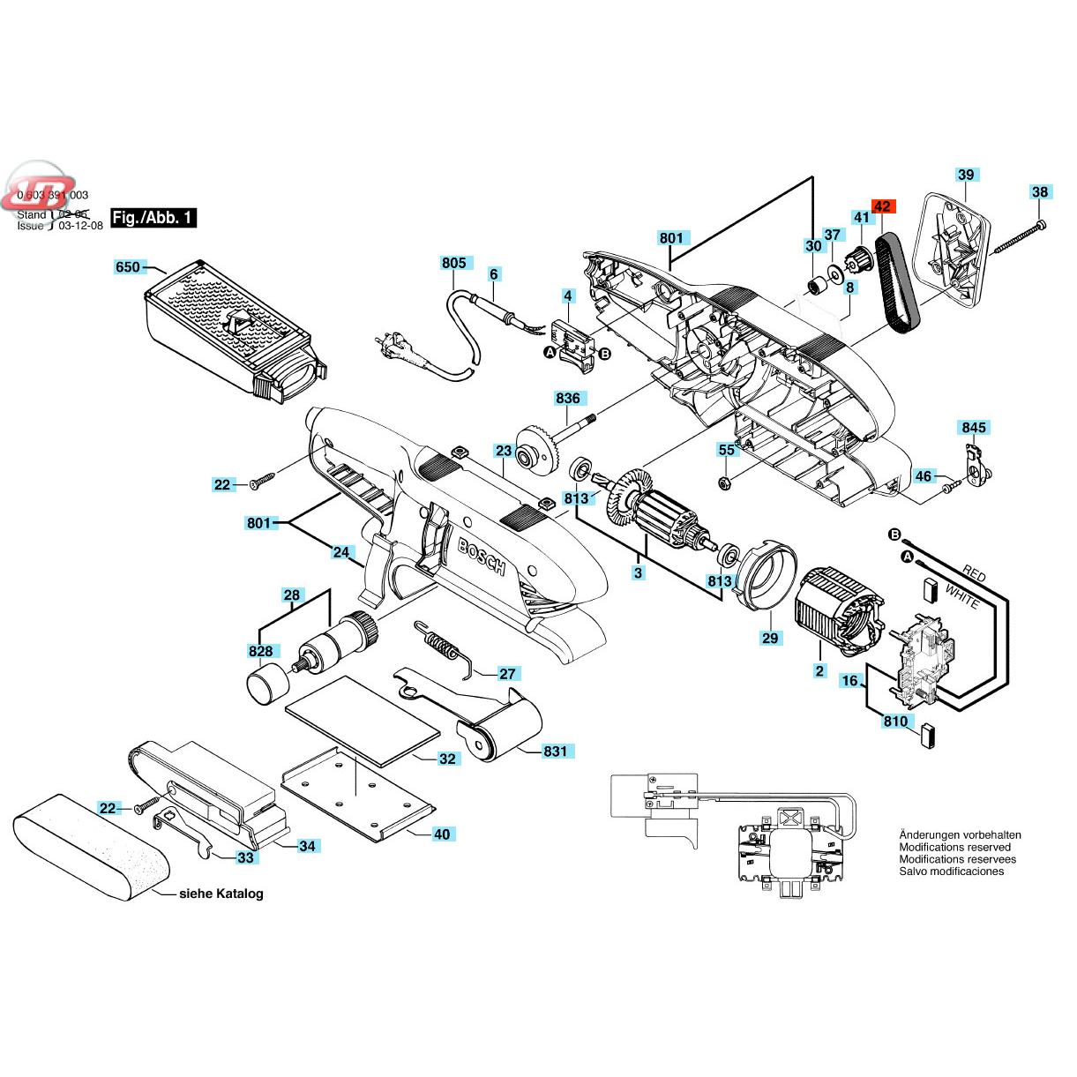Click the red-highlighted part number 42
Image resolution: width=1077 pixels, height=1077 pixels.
883,206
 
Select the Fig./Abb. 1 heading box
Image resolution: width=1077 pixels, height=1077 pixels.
153,218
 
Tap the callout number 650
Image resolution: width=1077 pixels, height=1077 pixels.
129,266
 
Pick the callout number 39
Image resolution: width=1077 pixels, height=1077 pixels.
966,175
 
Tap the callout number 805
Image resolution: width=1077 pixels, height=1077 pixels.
454,263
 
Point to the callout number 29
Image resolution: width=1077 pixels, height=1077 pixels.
771,637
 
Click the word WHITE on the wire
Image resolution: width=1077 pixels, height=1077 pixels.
961,596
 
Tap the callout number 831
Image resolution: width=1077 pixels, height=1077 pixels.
555,752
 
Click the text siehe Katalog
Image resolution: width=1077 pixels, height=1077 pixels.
221,894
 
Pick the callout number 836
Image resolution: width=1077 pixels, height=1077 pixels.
568,399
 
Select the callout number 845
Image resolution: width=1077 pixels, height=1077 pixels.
974,428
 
